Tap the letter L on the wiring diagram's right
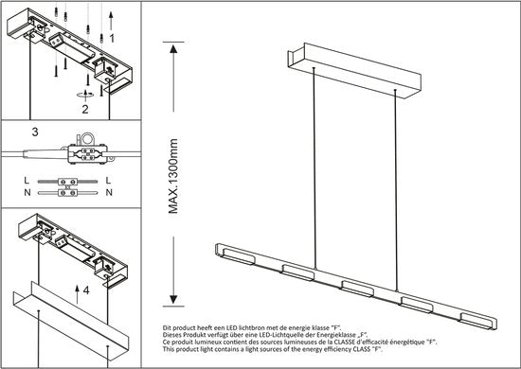(x=112, y=178)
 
